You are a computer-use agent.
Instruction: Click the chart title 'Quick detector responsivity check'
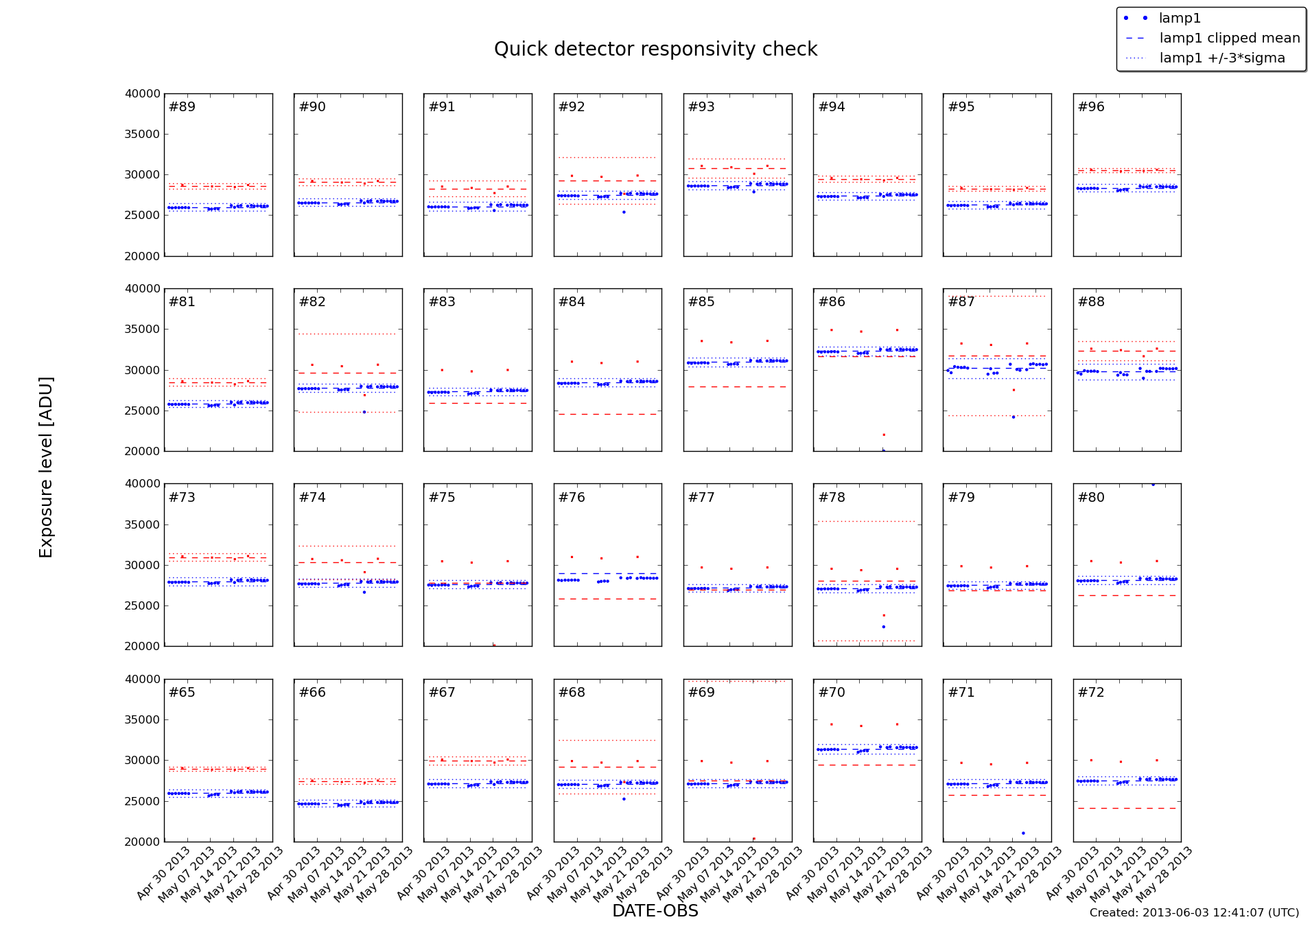coord(655,49)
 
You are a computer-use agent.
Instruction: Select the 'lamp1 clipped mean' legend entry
coord(1229,38)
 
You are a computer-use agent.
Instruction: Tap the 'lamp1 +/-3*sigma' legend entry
coord(1221,58)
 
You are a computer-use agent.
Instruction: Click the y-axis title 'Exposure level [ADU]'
coord(46,467)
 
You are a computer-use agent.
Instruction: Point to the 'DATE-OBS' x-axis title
coord(655,911)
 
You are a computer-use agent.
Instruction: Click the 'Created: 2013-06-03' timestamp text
coord(1194,913)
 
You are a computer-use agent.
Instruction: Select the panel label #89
coord(182,107)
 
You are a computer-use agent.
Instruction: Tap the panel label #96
coord(1091,107)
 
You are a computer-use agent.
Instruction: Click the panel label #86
coord(832,302)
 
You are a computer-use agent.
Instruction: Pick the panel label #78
coord(832,498)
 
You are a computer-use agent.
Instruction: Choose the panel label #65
coord(182,693)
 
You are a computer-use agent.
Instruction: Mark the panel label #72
coord(1091,693)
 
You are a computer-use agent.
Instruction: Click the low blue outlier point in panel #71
coord(1023,833)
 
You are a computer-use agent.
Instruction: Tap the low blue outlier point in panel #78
coord(883,627)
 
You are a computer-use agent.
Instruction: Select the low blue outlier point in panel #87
coord(1014,417)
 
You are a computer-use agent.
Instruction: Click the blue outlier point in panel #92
coord(624,212)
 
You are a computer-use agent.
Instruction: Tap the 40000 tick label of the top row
coord(143,94)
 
